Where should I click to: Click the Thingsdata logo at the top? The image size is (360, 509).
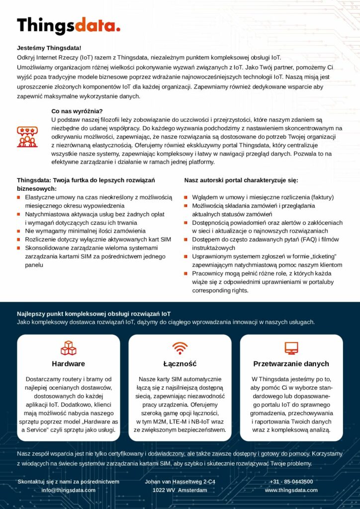click(x=69, y=25)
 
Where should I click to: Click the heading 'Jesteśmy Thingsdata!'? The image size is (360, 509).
click(x=49, y=48)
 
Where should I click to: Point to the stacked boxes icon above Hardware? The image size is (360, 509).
click(x=68, y=347)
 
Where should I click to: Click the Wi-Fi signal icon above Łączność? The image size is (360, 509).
click(x=180, y=347)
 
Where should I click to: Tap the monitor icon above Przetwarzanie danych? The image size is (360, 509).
click(x=291, y=347)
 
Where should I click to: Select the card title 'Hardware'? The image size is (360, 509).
click(x=68, y=363)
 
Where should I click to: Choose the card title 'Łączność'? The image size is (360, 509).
click(x=180, y=363)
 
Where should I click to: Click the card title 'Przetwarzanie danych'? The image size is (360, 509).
click(x=291, y=363)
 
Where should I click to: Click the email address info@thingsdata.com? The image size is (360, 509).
click(x=68, y=490)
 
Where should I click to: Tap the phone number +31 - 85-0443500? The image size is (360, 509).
click(x=291, y=481)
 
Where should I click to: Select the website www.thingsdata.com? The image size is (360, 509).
click(x=291, y=490)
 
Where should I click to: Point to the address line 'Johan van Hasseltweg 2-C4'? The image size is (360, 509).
click(x=180, y=481)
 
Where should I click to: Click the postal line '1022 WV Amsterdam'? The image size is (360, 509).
click(x=180, y=490)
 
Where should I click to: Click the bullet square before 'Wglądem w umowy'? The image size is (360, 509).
click(x=186, y=197)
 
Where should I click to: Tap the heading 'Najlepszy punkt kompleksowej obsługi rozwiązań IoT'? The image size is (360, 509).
click(x=93, y=314)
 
